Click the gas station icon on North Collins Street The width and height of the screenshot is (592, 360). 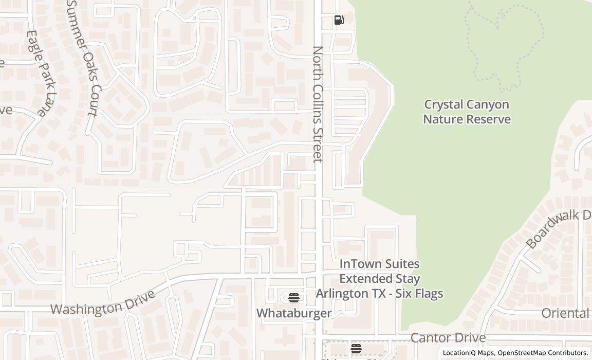(x=339, y=20)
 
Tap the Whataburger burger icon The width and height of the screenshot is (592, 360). (x=293, y=298)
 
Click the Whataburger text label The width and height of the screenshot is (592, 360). (x=293, y=313)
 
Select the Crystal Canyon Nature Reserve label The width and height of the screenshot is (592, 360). (x=467, y=112)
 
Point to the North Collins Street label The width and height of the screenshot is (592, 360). (x=318, y=104)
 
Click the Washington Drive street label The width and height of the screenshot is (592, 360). (x=103, y=303)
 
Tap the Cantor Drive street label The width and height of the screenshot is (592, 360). (x=448, y=337)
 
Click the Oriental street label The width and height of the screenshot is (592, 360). (x=565, y=313)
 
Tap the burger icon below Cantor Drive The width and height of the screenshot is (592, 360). (x=356, y=349)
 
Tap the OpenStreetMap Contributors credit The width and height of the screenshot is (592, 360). (x=543, y=353)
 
